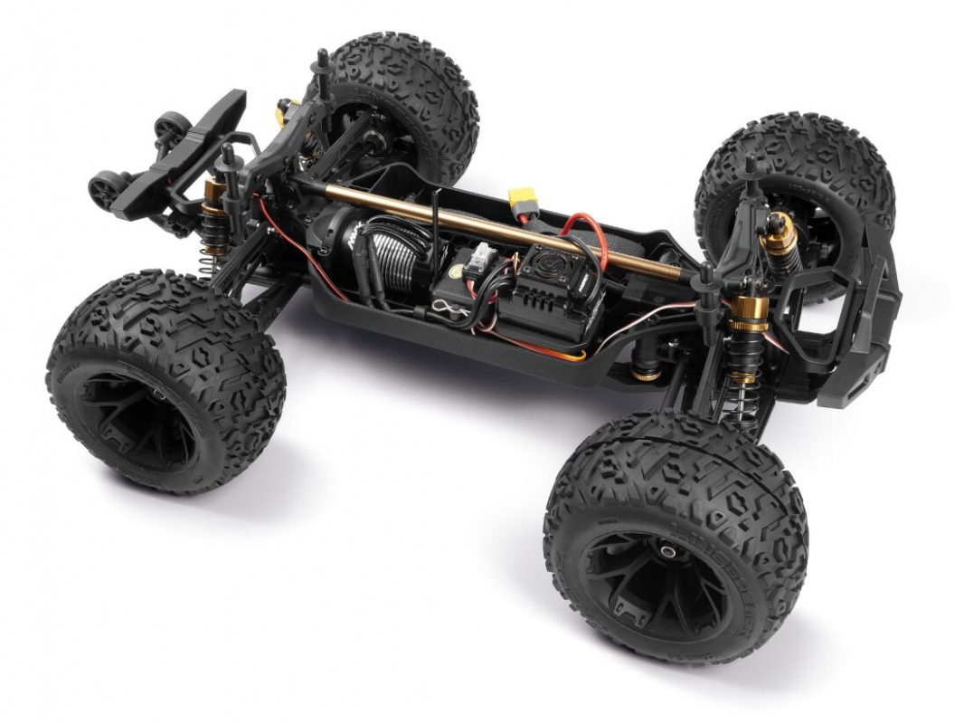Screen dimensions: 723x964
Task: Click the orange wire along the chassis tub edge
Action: tap(543, 351)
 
